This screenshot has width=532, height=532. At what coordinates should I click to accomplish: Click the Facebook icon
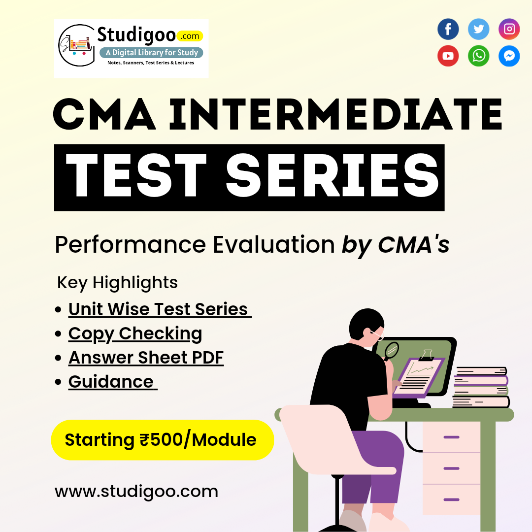pos(448,29)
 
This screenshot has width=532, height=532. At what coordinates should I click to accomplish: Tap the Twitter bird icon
pos(478,29)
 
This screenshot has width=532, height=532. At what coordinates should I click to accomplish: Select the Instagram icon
pos(509,29)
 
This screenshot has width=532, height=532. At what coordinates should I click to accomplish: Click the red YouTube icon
pos(448,56)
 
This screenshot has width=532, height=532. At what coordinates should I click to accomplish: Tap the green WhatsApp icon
pos(478,56)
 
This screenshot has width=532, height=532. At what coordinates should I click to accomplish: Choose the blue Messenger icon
pos(509,56)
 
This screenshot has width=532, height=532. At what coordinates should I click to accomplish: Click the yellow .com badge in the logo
pos(190,36)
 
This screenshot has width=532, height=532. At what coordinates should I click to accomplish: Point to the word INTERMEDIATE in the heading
pos(335,114)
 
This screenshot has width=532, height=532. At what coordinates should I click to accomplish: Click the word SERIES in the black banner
pos(332,175)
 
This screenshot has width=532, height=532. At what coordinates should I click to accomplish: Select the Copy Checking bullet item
pos(135,334)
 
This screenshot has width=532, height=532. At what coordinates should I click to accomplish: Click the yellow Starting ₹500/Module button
pos(162,440)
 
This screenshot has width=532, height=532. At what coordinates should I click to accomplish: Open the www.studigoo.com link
pos(136,492)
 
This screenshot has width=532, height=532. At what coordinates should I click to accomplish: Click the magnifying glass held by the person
pos(391,351)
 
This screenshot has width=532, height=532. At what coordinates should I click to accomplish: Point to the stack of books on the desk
pos(481,387)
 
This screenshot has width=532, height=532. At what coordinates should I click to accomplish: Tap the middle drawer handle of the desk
pos(451,468)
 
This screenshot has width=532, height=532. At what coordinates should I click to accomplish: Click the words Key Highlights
pos(117,283)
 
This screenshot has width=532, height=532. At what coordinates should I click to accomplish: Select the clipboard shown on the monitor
pos(419,375)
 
